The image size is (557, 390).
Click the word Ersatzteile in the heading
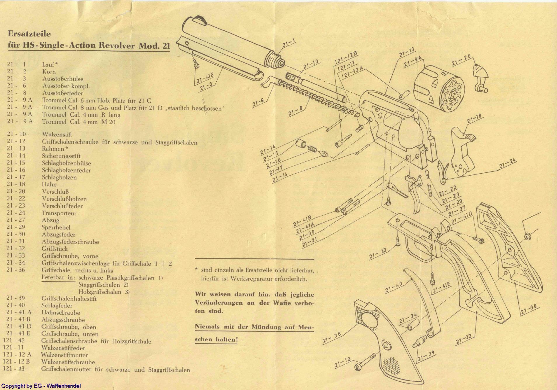coord(29,34)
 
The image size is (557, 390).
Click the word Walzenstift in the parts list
coord(57,134)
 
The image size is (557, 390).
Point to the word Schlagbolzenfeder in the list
coord(66,170)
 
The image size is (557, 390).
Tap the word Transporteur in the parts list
coord(59,213)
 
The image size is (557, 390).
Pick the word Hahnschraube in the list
coord(61,313)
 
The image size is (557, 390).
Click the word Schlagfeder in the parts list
coord(57,306)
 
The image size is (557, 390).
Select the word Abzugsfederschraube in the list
coord(70,242)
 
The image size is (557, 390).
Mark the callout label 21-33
coord(378,253)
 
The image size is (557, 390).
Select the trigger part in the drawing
coord(416,198)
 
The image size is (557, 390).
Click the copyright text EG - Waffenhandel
coord(41,386)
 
